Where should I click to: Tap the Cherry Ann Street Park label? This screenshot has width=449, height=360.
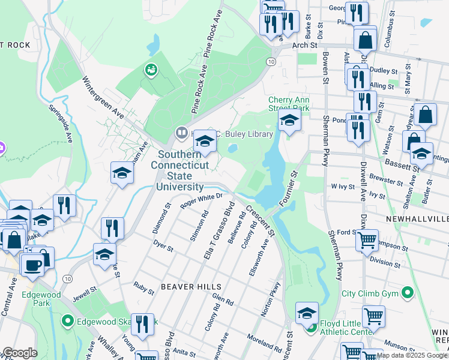click(x=289, y=104)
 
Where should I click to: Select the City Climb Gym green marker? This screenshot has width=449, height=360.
click(x=408, y=293)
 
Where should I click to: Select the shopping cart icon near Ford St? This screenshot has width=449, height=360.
click(x=367, y=240)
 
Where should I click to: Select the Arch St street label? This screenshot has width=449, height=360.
click(x=304, y=45)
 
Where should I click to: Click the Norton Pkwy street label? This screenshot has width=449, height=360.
click(x=272, y=301)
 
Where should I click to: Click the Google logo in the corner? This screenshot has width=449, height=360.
click(x=20, y=353)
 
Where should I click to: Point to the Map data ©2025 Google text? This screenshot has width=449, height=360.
click(x=411, y=355)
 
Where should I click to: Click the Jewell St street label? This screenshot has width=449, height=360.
click(x=86, y=294)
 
